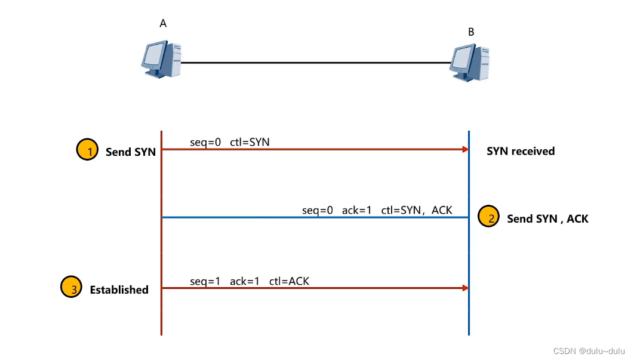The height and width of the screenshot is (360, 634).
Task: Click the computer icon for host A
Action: (161, 60)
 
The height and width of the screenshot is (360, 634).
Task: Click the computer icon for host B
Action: (470, 62)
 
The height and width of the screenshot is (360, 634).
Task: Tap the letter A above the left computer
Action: (163, 23)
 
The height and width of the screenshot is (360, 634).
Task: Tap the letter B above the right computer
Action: (471, 32)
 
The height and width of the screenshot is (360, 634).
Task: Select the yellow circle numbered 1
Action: (87, 150)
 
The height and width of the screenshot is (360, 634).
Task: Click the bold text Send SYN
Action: (130, 152)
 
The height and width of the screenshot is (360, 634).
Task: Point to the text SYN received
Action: (521, 151)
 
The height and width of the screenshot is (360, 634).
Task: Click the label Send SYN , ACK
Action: (547, 219)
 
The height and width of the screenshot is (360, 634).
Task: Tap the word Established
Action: (119, 290)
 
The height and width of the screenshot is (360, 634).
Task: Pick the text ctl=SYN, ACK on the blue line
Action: (416, 210)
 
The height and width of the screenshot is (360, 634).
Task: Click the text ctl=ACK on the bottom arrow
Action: (289, 281)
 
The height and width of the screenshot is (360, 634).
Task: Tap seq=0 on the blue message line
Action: (318, 210)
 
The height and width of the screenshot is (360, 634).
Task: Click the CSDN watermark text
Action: (589, 351)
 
